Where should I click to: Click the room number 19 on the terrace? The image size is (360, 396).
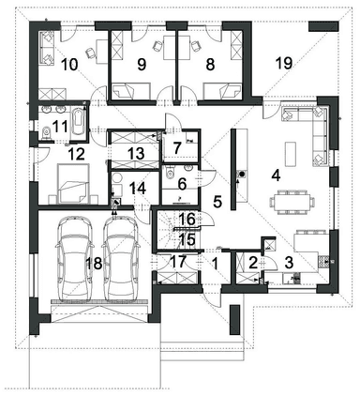(x=284, y=63)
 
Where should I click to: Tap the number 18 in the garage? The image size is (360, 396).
(x=94, y=263)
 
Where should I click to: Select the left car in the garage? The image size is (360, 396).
(x=75, y=258)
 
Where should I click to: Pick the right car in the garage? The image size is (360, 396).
(x=121, y=258)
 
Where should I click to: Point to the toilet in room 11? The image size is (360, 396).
(x=47, y=132)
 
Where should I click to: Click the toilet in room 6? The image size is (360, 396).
(x=170, y=172)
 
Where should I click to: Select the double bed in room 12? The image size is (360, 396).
(x=73, y=184)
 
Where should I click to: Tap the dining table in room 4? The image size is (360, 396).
(x=291, y=202)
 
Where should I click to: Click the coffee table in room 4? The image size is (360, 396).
(x=291, y=154)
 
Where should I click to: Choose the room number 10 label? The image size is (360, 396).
(x=69, y=65)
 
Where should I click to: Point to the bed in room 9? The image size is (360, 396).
(x=131, y=91)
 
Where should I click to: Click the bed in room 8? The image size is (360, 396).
(x=223, y=91)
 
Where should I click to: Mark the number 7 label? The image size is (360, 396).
(x=177, y=148)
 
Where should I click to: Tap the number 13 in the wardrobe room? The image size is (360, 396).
(x=136, y=153)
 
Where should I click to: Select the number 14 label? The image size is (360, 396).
(x=138, y=189)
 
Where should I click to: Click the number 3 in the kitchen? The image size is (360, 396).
(x=290, y=263)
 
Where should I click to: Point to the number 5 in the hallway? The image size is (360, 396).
(x=217, y=202)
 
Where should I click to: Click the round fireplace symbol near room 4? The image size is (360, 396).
(x=242, y=173)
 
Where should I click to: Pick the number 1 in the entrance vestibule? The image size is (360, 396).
(x=215, y=264)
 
